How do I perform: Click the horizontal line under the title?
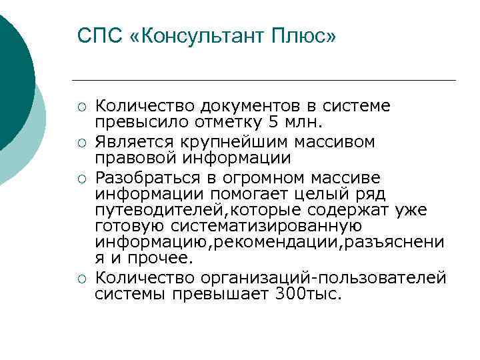[267, 81]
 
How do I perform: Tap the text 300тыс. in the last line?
[307, 294]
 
